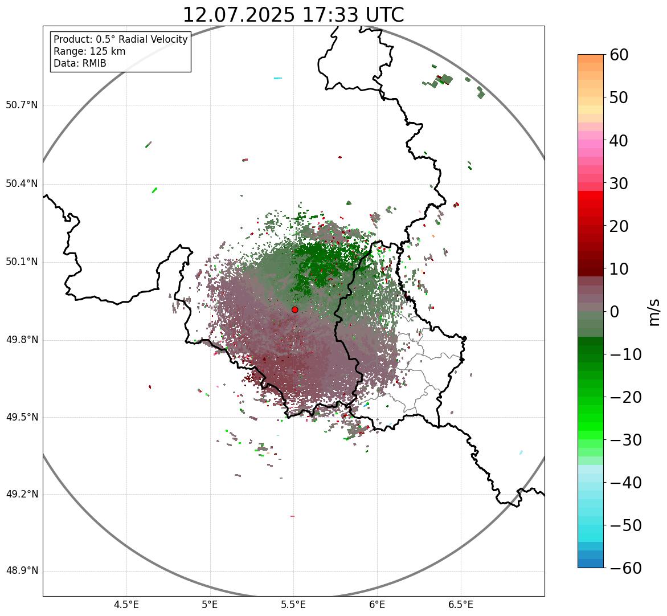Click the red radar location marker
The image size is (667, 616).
pos(295,309)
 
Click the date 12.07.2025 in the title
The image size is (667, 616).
pos(238,15)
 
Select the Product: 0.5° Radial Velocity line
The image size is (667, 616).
pos(120,39)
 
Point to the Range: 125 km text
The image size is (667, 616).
pos(89,51)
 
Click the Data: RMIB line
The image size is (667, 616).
pos(80,63)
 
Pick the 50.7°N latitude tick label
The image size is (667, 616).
pos(22,105)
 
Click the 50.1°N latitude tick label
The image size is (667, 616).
pos(22,262)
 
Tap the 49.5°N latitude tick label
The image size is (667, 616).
pos(22,417)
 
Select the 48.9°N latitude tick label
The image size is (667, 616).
pos(22,571)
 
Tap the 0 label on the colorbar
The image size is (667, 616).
pos(615,312)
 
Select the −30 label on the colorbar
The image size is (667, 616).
pos(625,440)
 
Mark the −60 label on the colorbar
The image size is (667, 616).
pos(625,568)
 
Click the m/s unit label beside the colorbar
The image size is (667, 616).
pos(654,312)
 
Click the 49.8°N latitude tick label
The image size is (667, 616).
pos(22,340)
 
